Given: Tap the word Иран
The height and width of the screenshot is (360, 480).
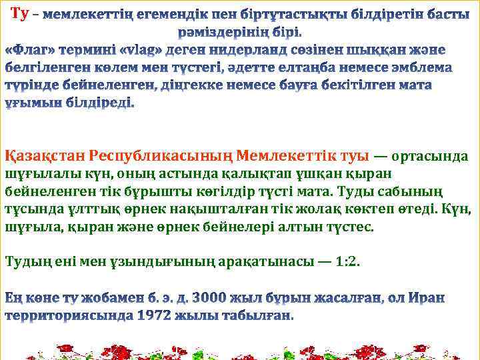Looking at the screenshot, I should click(439, 297).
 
